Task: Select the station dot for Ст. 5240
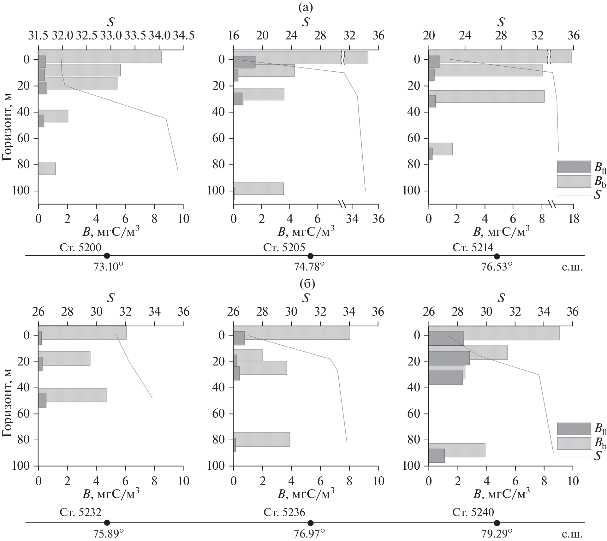[497, 522]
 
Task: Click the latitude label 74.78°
[309, 267]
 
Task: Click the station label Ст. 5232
[80, 512]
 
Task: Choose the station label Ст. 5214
[473, 247]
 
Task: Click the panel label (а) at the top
[305, 8]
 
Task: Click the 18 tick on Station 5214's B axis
[574, 218]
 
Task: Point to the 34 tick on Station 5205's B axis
[351, 218]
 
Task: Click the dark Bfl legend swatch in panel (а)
[574, 167]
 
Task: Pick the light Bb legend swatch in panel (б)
[574, 443]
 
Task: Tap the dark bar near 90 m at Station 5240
[436, 456]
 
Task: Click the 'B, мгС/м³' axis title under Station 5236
[306, 494]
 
